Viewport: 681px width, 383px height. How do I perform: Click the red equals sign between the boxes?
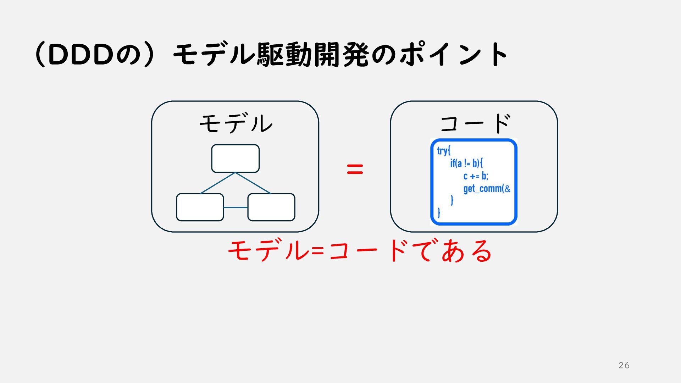(x=355, y=169)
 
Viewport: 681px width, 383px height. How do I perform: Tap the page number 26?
(x=624, y=365)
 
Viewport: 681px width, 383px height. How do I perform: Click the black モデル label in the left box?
(x=236, y=123)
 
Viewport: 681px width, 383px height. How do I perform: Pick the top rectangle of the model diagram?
(x=235, y=159)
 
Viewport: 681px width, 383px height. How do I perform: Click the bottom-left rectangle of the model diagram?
(x=200, y=207)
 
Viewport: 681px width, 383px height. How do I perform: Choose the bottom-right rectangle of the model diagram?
(x=271, y=207)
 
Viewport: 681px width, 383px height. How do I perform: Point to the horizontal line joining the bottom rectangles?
(x=236, y=207)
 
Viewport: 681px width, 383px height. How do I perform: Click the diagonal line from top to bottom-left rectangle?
(x=218, y=183)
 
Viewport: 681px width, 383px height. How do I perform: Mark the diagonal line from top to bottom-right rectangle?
(x=253, y=183)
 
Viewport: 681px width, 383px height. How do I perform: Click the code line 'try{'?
(x=443, y=151)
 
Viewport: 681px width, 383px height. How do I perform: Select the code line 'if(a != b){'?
(x=466, y=163)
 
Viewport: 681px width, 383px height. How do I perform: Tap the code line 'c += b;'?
(x=476, y=176)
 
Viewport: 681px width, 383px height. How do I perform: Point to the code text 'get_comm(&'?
(x=487, y=189)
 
